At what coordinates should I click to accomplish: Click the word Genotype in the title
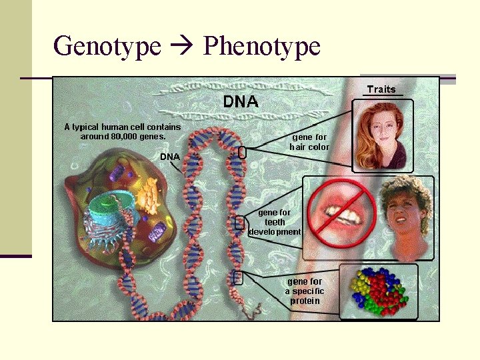107,47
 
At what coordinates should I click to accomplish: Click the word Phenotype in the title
261,47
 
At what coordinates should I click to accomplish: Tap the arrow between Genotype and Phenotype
182,47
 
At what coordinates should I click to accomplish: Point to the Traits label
381,89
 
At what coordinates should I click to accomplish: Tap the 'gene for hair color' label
309,142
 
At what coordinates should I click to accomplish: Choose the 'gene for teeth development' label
275,223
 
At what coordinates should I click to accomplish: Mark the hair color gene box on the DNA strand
242,153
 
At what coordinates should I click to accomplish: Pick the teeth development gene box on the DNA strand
240,223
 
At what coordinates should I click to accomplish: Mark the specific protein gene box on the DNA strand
238,277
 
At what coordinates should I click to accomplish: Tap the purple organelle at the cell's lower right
157,233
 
